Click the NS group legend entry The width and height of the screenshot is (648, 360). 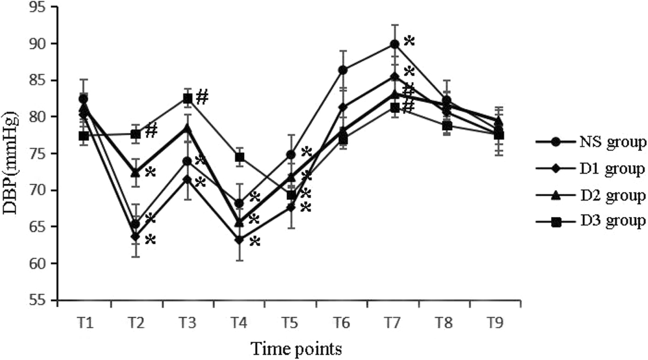(590, 143)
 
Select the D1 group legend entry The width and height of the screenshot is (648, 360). (590, 169)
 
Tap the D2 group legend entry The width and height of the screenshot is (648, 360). (590, 196)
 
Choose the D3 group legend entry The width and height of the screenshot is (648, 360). (590, 221)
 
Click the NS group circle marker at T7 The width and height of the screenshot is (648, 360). (394, 44)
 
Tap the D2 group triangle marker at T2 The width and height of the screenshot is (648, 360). (135, 173)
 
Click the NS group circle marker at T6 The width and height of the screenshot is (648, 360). (343, 70)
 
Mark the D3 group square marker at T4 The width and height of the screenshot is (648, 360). (239, 157)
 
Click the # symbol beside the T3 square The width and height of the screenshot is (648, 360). (202, 96)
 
